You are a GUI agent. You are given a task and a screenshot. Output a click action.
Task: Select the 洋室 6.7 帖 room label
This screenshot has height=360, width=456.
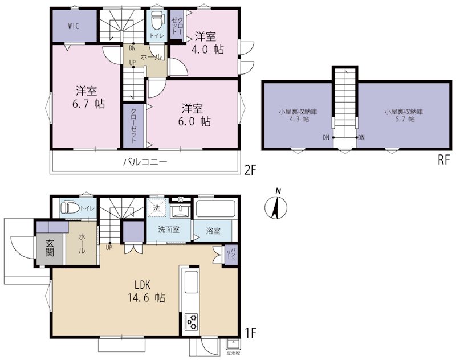[x=87, y=97]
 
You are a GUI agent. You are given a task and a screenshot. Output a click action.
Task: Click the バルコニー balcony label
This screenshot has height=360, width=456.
[x=145, y=162]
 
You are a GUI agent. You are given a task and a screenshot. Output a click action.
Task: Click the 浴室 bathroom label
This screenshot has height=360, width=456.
[x=213, y=231]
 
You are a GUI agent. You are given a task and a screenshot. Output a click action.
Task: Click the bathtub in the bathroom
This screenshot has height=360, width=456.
[x=215, y=209]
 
